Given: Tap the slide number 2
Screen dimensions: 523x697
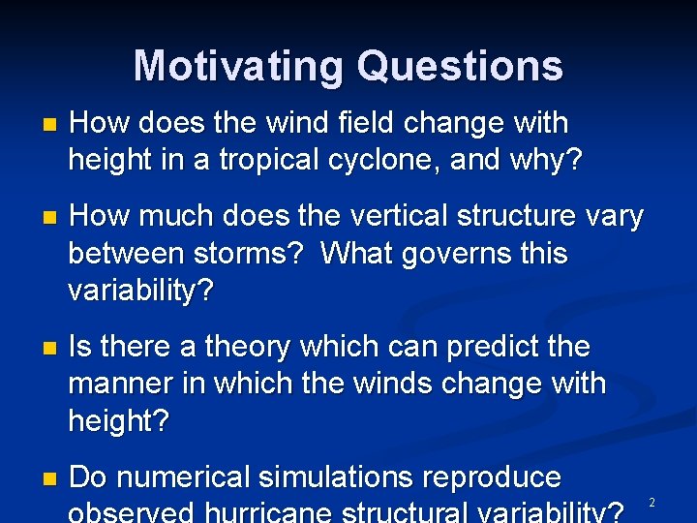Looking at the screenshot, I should point(652,503).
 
